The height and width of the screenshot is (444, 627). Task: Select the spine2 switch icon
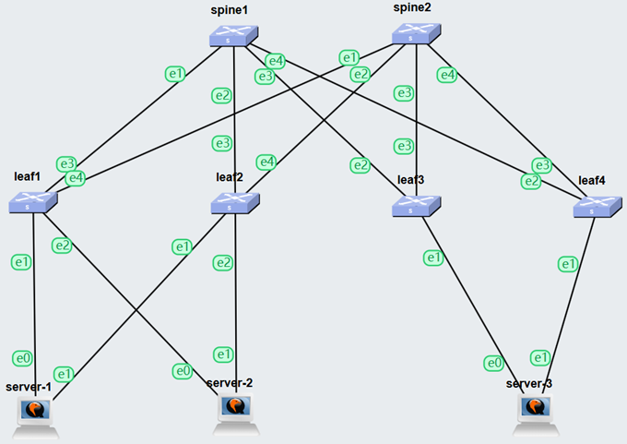pyautogui.click(x=416, y=34)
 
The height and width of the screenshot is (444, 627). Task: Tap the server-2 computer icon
pyautogui.click(x=236, y=410)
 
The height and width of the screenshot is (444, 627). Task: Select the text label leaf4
pyautogui.click(x=592, y=179)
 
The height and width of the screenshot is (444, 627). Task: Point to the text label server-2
pyautogui.click(x=230, y=383)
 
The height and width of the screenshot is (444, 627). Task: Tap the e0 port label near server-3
pyautogui.click(x=494, y=363)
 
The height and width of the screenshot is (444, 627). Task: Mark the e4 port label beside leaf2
pyautogui.click(x=266, y=162)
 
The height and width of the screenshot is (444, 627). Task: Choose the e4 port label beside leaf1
pyautogui.click(x=75, y=177)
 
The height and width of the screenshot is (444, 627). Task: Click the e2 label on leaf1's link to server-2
pyautogui.click(x=62, y=246)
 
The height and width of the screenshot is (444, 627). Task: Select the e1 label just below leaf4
pyautogui.click(x=570, y=265)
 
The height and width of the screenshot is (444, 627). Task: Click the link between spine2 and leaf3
pyautogui.click(x=418, y=120)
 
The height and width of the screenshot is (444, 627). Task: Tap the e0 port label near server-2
pyautogui.click(x=183, y=371)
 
